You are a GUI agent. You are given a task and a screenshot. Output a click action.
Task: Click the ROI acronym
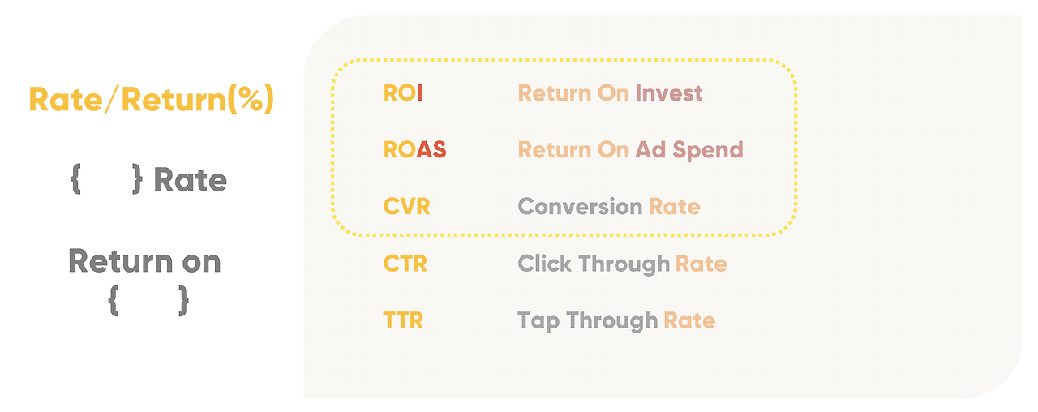[x=403, y=93]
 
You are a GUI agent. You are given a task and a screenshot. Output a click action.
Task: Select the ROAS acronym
[x=414, y=150]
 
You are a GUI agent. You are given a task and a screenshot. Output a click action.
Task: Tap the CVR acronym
[x=406, y=207]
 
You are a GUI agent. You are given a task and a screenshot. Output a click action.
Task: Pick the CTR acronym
[x=405, y=264]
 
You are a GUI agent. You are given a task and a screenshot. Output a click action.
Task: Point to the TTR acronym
[x=403, y=320]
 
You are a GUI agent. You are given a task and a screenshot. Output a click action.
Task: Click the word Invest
[x=669, y=93]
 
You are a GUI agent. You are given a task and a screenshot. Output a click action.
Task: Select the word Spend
[x=708, y=151]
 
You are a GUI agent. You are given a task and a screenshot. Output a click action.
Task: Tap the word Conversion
[x=580, y=207]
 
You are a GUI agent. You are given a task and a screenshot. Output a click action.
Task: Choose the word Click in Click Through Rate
[x=544, y=264]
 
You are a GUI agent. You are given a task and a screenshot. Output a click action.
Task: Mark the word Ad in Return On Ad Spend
[x=650, y=150]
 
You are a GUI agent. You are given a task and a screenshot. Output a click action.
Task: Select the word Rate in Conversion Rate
[x=674, y=207]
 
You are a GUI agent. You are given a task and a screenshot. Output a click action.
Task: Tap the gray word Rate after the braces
[x=190, y=180]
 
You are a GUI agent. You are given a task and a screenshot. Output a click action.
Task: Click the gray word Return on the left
[x=121, y=261]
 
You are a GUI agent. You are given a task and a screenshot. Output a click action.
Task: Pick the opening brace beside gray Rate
[x=76, y=179]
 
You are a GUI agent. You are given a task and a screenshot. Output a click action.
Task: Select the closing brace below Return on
[x=184, y=301]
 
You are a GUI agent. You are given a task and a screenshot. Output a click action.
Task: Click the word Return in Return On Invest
[x=554, y=93]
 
